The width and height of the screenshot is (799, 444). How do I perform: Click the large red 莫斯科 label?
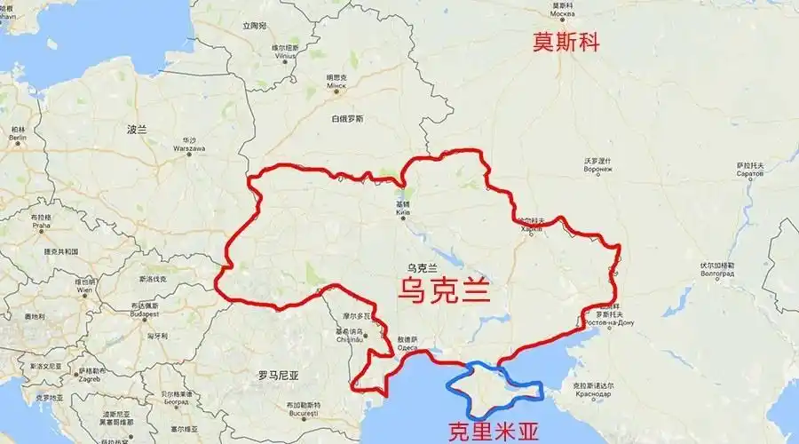tap(566, 42)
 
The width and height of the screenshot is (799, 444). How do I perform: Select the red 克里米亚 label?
tap(493, 432)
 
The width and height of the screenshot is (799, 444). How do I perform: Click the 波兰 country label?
tap(137, 130)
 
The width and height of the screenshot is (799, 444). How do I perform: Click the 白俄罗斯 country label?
tap(346, 119)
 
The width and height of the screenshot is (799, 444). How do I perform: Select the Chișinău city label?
tap(348, 336)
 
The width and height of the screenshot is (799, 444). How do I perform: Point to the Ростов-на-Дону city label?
tap(609, 317)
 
